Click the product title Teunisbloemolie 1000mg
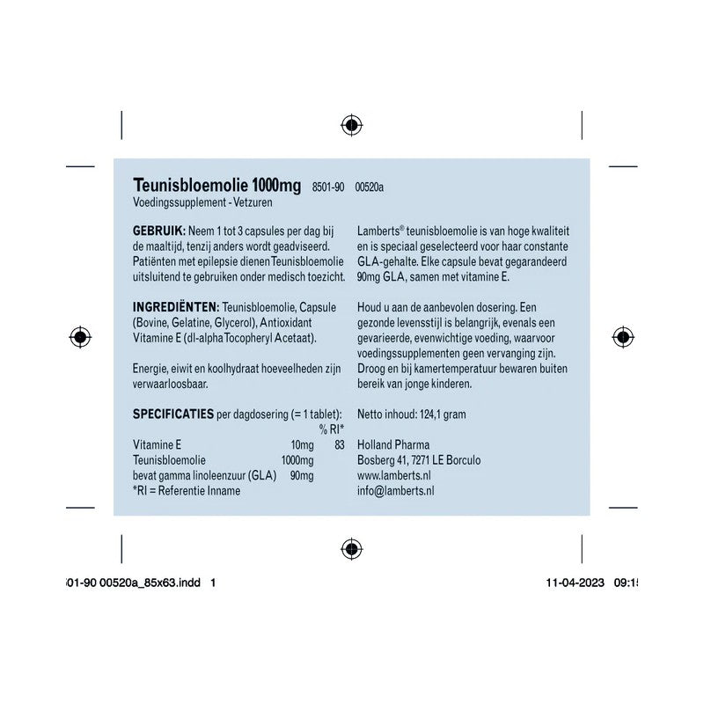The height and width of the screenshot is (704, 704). (x=216, y=185)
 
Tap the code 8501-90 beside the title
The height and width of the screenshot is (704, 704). (x=328, y=187)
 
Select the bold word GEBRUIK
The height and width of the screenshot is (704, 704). (x=158, y=231)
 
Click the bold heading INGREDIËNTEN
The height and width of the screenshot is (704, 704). (x=175, y=306)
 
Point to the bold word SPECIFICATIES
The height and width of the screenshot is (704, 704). (x=172, y=414)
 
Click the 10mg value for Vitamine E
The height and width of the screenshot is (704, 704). (x=301, y=445)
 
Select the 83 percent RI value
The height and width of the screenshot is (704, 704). (x=340, y=445)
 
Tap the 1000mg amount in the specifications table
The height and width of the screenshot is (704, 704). (x=297, y=460)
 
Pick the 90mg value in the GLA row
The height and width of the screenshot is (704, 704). (x=301, y=476)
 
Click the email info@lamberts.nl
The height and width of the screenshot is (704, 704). (x=395, y=491)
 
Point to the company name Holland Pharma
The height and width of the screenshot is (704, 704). (x=393, y=445)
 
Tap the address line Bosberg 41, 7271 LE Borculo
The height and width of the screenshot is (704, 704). (x=419, y=460)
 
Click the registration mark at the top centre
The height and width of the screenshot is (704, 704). (x=351, y=125)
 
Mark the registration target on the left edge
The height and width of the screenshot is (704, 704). (x=79, y=336)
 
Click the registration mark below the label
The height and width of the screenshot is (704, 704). (x=351, y=549)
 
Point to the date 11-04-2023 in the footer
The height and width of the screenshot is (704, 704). (x=575, y=583)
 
